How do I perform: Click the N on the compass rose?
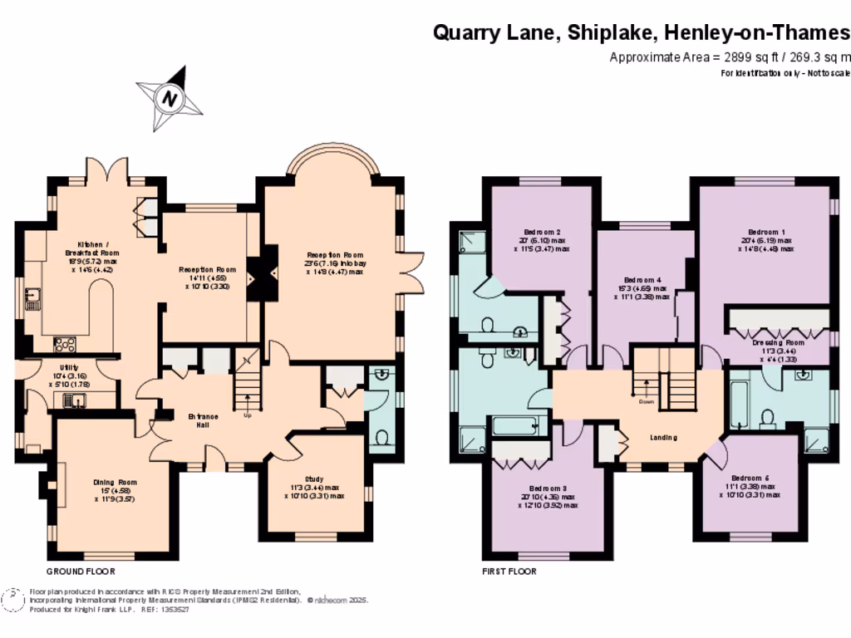[x=170, y=98]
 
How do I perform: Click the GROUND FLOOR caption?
[x=81, y=572]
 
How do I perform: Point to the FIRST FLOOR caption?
[x=509, y=572]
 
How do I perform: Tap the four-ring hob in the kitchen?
[x=65, y=343]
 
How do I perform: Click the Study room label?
[x=313, y=479]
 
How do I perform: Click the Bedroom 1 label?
[x=765, y=232]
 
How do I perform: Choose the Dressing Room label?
[x=778, y=342]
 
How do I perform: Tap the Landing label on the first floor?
[x=662, y=437]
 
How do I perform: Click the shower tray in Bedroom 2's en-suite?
[x=470, y=242]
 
